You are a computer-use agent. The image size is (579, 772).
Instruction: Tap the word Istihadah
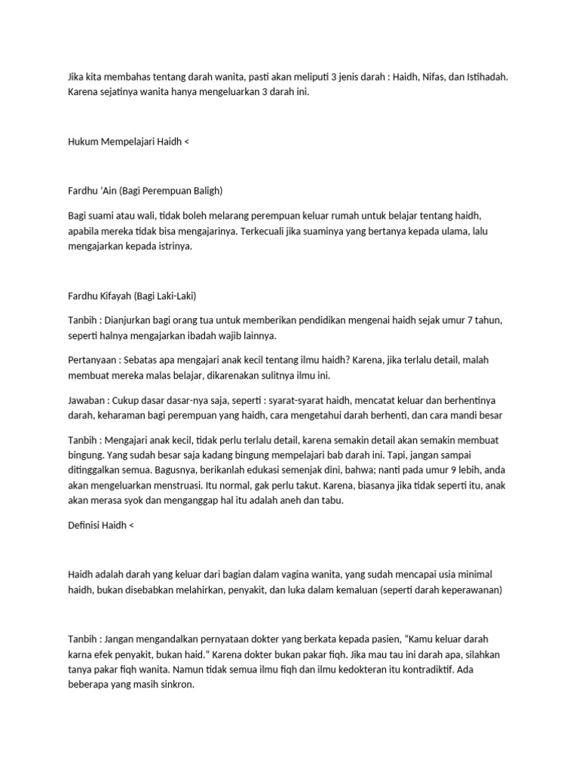(489, 77)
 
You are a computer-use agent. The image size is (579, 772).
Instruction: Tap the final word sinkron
(178, 684)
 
